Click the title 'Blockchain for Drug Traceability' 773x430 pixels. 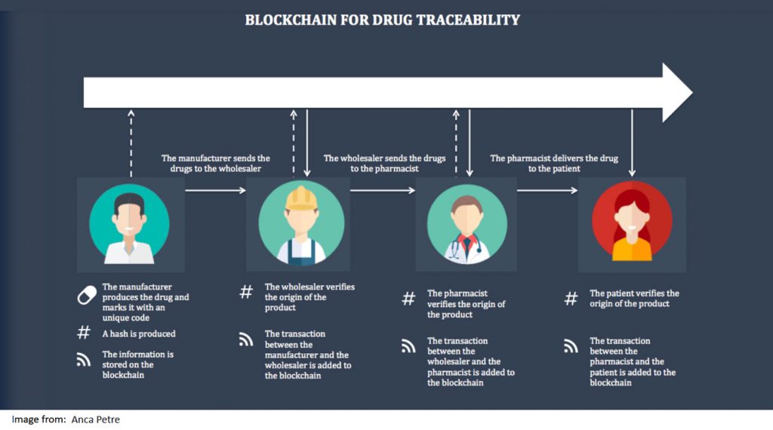(x=382, y=20)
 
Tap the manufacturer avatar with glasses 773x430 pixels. (x=129, y=224)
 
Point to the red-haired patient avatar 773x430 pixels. (x=632, y=224)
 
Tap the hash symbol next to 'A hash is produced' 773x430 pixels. (x=85, y=333)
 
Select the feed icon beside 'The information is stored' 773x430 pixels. (x=85, y=360)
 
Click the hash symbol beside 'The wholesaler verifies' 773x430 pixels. (x=246, y=292)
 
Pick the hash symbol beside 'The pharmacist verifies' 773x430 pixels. (x=408, y=298)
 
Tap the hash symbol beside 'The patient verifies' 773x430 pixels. (x=571, y=298)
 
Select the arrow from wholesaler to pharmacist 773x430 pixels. (x=383, y=190)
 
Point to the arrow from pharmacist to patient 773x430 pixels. (x=547, y=190)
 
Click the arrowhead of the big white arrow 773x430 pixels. (x=676, y=92)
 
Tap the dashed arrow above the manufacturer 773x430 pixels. (x=131, y=143)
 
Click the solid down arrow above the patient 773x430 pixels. (x=633, y=143)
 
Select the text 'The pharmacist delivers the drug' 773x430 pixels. (x=554, y=158)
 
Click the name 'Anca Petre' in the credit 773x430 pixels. (x=95, y=419)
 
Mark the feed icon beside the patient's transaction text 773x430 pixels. (x=571, y=347)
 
